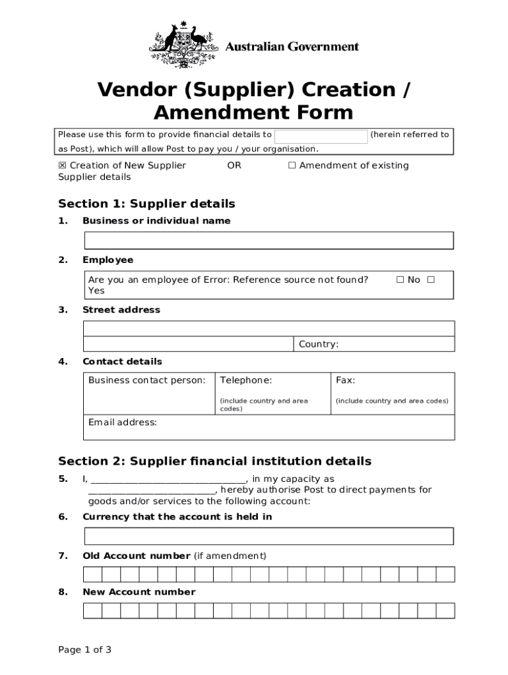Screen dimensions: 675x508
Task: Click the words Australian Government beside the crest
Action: click(292, 47)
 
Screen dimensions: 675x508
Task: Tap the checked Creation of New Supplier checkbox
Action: click(63, 165)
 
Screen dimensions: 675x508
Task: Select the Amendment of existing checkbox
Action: click(292, 165)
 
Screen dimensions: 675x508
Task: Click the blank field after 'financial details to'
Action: click(321, 136)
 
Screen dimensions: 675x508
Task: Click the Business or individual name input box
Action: click(268, 241)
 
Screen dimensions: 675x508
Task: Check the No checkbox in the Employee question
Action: click(400, 279)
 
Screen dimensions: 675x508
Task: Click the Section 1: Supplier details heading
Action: click(146, 204)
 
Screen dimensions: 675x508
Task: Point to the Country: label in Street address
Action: click(319, 344)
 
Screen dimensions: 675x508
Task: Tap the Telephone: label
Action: click(245, 380)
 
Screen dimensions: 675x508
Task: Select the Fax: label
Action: click(345, 380)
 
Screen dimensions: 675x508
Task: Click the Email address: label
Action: click(123, 423)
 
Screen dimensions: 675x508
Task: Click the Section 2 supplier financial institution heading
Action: click(214, 461)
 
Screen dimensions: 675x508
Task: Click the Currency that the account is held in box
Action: click(268, 536)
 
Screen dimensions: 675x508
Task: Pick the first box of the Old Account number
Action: click(92, 574)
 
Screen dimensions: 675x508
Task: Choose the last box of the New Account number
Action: click(445, 610)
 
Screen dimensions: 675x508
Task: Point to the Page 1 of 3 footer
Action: click(84, 650)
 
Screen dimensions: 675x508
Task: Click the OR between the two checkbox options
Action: click(234, 165)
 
